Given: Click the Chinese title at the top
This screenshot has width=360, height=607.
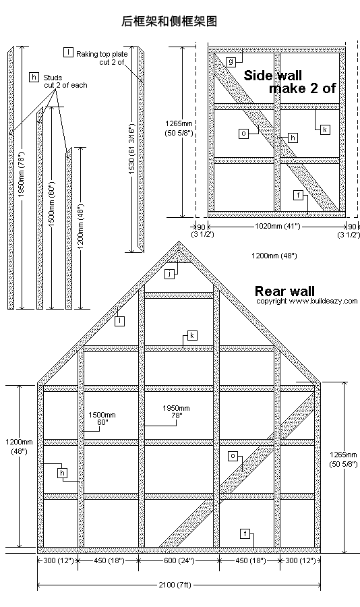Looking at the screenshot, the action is click(169, 21).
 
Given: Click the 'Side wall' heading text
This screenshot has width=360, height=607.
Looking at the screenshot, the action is click(272, 75).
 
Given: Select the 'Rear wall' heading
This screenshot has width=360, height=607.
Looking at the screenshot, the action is click(284, 291).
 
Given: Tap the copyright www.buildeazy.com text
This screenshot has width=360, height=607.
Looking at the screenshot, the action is click(307, 301).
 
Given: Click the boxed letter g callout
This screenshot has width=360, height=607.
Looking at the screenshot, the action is click(231, 61).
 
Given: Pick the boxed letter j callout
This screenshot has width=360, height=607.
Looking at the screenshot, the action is click(169, 274).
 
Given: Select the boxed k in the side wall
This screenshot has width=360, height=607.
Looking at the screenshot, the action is click(325, 129).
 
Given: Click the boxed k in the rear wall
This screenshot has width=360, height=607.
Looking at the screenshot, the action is click(192, 335).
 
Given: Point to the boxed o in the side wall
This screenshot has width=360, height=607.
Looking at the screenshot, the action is click(243, 134).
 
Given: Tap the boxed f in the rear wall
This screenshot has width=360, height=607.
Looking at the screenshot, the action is click(245, 534).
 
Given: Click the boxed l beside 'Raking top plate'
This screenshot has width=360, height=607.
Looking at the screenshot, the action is click(68, 52).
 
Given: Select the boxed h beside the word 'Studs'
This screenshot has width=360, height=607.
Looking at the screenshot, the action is click(34, 77).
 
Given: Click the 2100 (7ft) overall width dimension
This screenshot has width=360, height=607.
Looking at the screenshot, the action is click(175, 585).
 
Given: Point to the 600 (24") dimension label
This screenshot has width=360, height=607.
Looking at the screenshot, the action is click(179, 560).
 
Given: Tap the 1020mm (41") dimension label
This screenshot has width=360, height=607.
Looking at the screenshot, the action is click(277, 226).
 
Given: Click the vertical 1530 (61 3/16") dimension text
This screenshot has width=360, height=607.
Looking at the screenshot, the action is click(131, 149).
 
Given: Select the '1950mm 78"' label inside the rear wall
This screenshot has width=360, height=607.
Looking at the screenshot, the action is click(176, 411).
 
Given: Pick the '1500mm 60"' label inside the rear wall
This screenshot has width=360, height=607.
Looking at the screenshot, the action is click(102, 418).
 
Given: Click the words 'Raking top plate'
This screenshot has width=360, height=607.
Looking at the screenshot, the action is click(102, 54).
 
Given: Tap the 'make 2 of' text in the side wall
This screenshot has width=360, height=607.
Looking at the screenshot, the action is click(302, 88).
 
